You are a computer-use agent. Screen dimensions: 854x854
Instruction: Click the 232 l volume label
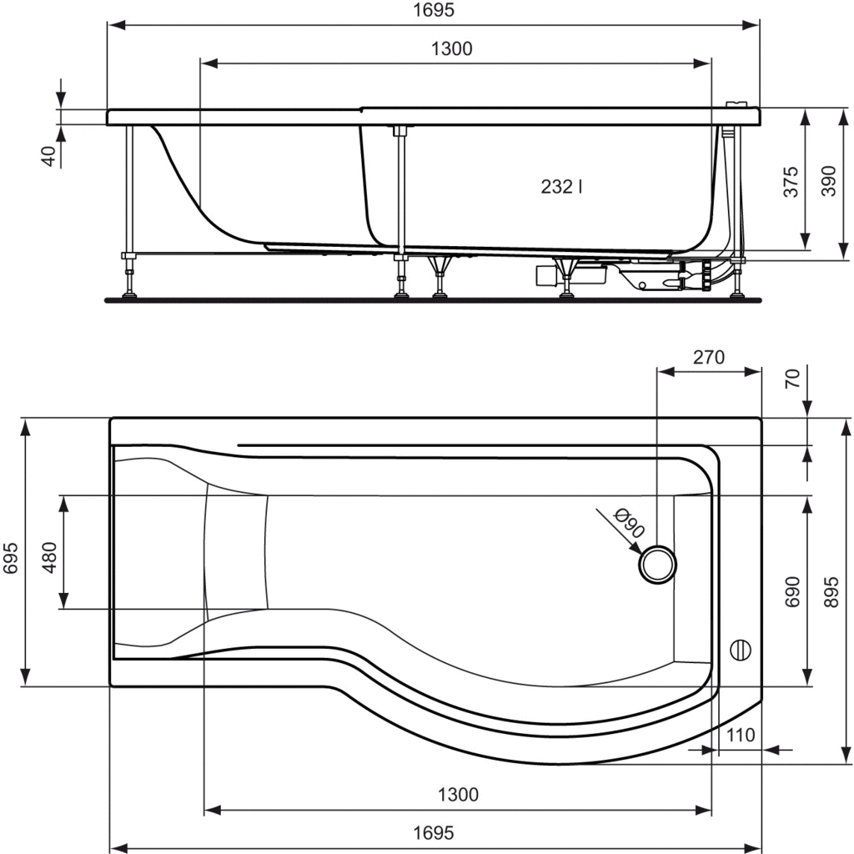[561, 187]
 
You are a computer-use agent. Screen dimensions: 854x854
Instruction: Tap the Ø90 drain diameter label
[629, 523]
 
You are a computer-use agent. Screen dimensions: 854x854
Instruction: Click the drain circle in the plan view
[657, 565]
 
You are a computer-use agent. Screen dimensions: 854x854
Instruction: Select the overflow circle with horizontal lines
[741, 650]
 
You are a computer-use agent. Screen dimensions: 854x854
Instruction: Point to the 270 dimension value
[709, 357]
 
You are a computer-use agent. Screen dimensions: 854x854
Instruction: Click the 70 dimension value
[793, 378]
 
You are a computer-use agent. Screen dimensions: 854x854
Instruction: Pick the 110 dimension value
[741, 735]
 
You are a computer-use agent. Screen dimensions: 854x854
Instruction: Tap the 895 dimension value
[831, 592]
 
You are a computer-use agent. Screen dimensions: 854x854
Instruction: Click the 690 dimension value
[792, 591]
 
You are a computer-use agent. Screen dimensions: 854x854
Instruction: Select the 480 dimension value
[49, 557]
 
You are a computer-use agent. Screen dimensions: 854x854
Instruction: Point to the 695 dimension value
[12, 558]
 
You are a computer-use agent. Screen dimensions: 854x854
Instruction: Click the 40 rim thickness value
[49, 156]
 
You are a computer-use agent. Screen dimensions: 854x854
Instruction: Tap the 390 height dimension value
[828, 181]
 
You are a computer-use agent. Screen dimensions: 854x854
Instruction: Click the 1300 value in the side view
[451, 49]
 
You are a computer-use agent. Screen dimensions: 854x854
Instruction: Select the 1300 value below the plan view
[458, 795]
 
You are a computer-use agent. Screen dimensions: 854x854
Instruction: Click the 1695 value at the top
[434, 10]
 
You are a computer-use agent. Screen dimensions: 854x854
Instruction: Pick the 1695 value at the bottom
[434, 833]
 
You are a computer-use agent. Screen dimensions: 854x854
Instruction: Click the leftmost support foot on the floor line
[129, 295]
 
